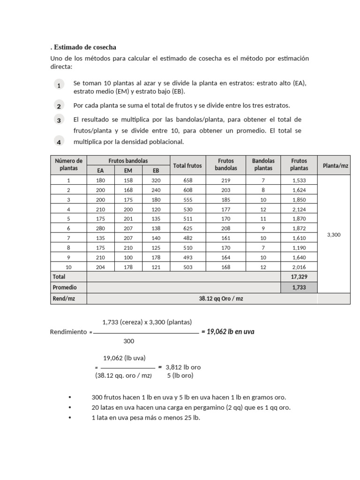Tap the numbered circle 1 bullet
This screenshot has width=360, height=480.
(59, 85)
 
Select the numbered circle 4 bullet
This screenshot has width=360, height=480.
(59, 142)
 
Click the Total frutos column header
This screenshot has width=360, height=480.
(187, 165)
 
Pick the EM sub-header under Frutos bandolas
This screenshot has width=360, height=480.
(128, 171)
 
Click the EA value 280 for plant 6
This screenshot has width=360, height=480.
(101, 228)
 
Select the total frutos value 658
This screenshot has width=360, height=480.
(187, 180)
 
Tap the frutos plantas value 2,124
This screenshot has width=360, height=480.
(299, 209)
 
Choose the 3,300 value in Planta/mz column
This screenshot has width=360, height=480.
(334, 234)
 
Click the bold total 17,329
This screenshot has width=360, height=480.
(299, 277)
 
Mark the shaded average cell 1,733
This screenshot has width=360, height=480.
(299, 287)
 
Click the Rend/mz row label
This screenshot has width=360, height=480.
(62, 299)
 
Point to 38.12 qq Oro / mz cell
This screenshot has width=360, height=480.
(202, 299)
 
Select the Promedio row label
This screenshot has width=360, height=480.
(65, 287)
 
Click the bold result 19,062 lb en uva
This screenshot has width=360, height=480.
(228, 332)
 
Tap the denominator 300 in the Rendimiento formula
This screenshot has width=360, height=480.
(129, 341)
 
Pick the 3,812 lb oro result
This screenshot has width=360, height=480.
(183, 367)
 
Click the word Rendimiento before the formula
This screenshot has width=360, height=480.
(68, 332)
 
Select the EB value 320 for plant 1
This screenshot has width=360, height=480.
(156, 180)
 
